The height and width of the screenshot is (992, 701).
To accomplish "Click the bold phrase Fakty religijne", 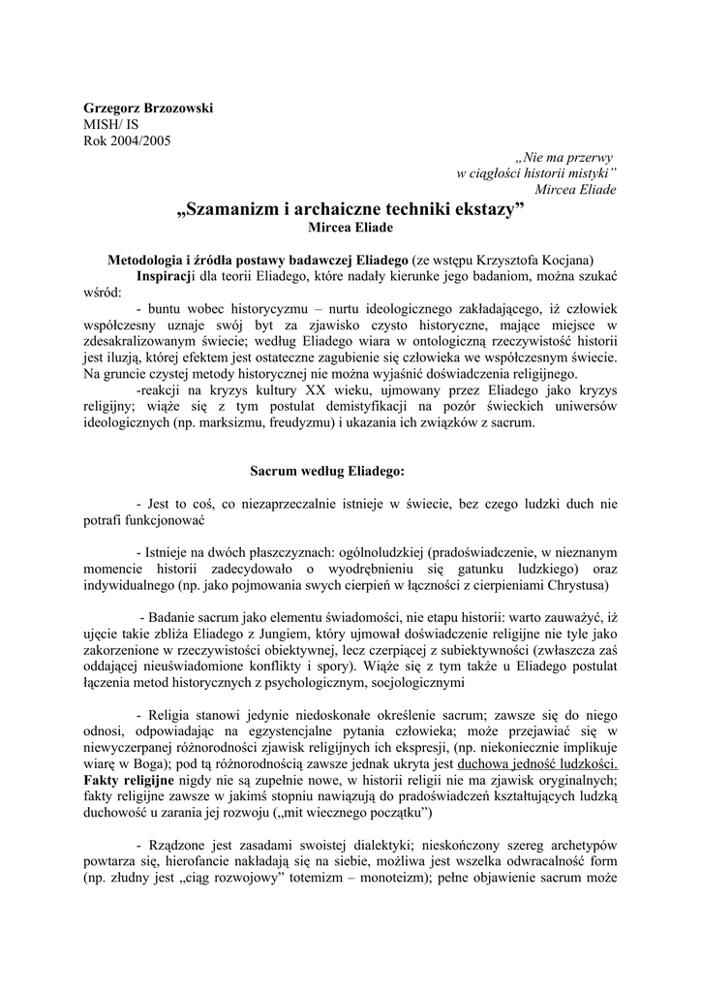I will click(x=130, y=779).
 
